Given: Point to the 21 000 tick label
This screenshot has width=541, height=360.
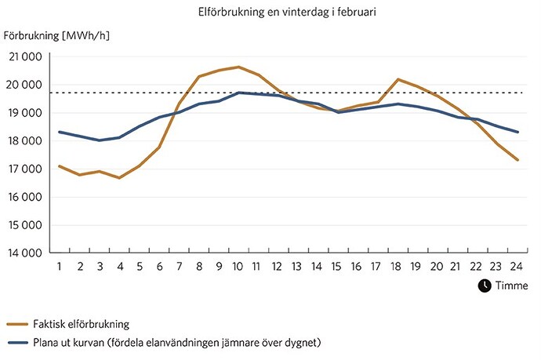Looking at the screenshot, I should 25,56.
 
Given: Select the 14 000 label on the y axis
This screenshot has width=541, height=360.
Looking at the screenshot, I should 25,253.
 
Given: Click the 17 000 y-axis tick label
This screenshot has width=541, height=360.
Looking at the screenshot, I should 25,169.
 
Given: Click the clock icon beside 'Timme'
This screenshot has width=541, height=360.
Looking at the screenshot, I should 483,285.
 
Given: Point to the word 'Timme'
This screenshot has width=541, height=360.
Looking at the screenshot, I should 511,286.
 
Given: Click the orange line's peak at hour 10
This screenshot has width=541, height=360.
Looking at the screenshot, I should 238,67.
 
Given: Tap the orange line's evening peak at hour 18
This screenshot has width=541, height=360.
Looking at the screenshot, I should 398,79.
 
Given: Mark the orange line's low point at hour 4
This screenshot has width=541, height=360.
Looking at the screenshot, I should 119,178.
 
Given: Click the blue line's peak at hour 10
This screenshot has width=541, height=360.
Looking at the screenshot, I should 238,93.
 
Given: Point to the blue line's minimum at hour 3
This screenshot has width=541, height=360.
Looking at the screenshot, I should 100,140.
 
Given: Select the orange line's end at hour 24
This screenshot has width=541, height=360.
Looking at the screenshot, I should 517,160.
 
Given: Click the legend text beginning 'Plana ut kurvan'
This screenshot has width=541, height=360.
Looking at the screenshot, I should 176,343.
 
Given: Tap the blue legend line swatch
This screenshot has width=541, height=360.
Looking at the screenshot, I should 16,343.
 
